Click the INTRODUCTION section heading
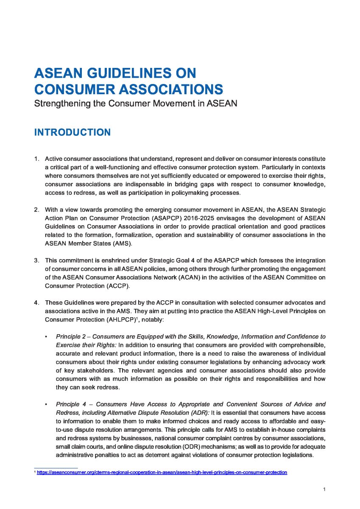click(x=72, y=132)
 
